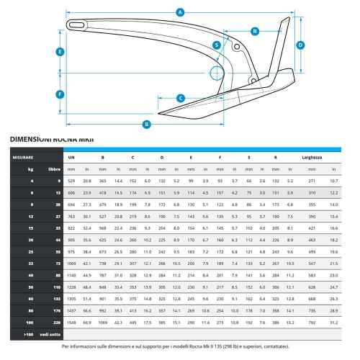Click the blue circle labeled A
[x=180, y=12]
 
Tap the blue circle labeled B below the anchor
[x=146, y=125]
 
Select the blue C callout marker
[x=181, y=98]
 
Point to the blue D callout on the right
[x=300, y=45]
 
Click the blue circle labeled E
[x=60, y=52]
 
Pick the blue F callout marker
[x=60, y=94]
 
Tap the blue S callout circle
[x=217, y=45]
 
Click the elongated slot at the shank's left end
[x=76, y=25]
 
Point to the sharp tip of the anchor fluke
[x=158, y=114]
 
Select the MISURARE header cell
[x=23, y=158]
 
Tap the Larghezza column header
[x=312, y=158]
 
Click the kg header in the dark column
[x=31, y=169]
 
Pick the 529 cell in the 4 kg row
[x=71, y=181]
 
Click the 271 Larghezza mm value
[x=312, y=181]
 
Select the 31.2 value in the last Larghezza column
[x=334, y=323]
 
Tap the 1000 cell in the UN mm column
[x=71, y=264]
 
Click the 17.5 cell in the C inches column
[x=148, y=323]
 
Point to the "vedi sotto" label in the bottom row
[x=50, y=334]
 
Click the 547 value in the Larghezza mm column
[x=312, y=264]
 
